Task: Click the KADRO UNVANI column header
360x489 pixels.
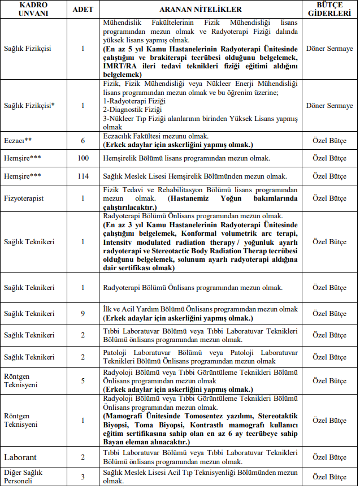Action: tap(34, 10)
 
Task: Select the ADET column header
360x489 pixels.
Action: tap(83, 10)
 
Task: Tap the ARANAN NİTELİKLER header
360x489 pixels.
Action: tap(201, 10)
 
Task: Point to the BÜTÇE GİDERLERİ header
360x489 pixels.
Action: tap(329, 10)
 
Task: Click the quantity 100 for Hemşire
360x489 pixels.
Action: tap(83, 158)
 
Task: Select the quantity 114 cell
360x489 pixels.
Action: tap(83, 176)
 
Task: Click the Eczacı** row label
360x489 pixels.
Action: tap(18, 140)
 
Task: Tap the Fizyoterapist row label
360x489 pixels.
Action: tap(25, 198)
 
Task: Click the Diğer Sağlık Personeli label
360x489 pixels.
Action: tap(25, 477)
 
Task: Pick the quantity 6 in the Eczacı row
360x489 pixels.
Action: tap(83, 140)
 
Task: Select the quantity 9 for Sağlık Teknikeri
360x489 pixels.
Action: tap(83, 313)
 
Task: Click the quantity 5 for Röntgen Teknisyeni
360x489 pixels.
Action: tap(83, 380)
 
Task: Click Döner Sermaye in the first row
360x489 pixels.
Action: tap(329, 49)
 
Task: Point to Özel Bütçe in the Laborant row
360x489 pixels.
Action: tap(329, 457)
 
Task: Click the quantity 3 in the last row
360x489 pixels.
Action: tap(83, 477)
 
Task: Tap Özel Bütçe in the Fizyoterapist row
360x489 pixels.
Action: tap(329, 198)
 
